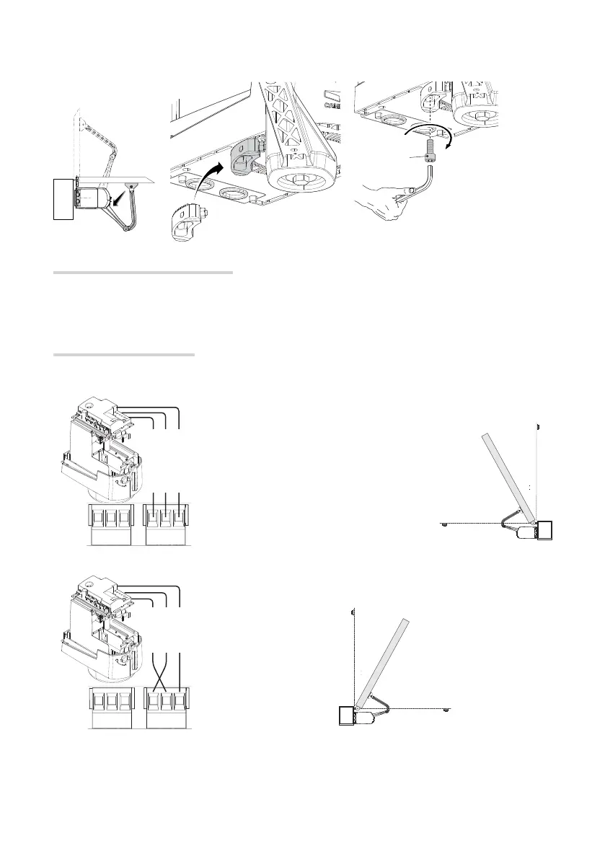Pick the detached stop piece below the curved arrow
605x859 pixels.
pos(188,223)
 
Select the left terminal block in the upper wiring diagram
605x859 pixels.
pos(110,519)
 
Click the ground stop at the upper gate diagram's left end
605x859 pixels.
pos(445,522)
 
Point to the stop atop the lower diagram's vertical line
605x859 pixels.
pos(352,612)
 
